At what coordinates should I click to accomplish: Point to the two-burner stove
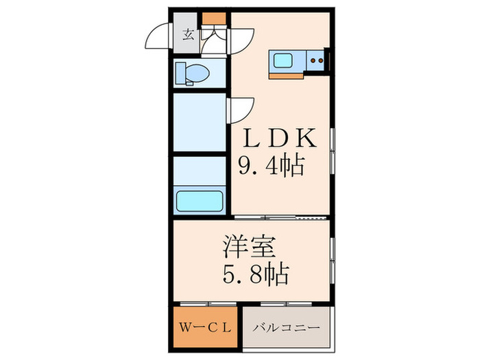tap(316, 60)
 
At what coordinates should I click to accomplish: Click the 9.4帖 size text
tap(272, 167)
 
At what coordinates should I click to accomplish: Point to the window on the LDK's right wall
tap(332, 155)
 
